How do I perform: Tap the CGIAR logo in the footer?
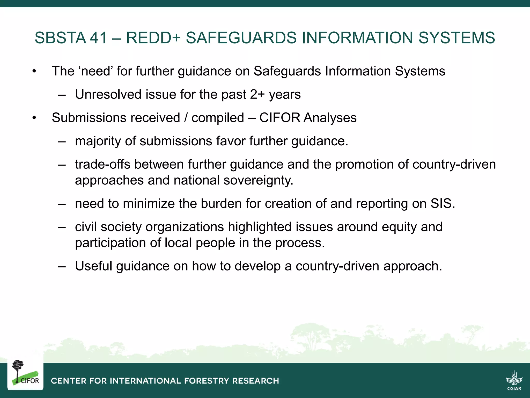pos(514,380)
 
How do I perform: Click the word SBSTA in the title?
pos(60,38)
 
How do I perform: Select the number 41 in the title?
pos(98,38)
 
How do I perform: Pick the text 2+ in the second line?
pos(257,95)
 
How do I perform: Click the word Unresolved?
pos(108,95)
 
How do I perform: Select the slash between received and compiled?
pos(186,118)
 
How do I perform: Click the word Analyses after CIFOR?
pos(330,118)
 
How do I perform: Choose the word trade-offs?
pos(102,165)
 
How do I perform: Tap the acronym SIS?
pos(442,204)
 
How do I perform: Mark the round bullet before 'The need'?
pos(34,71)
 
